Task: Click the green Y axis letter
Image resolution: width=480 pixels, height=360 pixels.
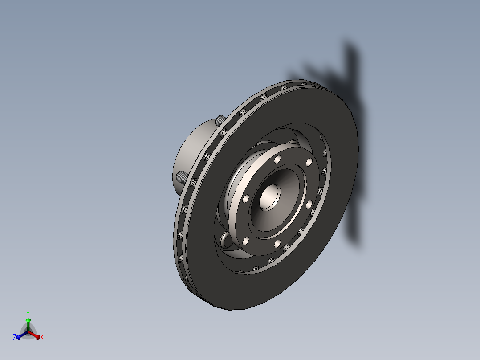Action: pos(28,313)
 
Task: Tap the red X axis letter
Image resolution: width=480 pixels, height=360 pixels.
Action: pos(42,337)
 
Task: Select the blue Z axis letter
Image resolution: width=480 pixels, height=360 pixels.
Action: pos(15,337)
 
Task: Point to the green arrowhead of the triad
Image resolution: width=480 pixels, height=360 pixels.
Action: pos(28,320)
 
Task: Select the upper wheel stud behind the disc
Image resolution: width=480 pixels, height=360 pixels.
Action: pos(220,120)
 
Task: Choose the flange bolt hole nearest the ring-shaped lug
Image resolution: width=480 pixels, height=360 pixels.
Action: pos(245,241)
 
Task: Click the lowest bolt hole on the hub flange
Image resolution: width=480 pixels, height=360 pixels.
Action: pos(277,244)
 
